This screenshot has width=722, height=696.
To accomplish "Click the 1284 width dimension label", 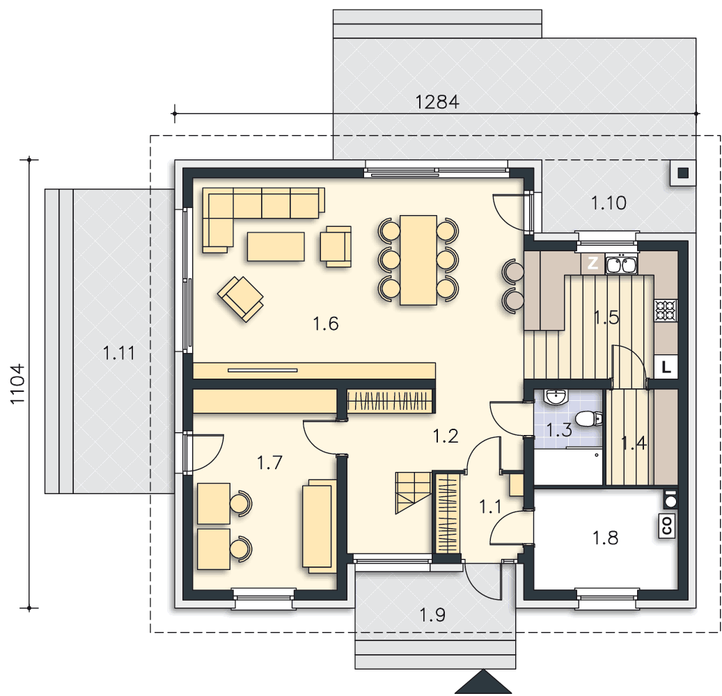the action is [x=437, y=102].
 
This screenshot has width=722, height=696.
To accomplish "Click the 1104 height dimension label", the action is [x=17, y=384].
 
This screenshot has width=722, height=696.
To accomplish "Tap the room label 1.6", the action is [x=326, y=324].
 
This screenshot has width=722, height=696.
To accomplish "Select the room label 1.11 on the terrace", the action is [x=119, y=353].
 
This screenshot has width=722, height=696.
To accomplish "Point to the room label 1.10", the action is [x=609, y=203].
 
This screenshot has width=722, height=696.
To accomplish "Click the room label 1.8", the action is [x=605, y=537].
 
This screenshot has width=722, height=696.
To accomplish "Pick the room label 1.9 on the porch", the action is [x=432, y=615].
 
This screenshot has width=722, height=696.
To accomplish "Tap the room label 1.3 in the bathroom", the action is [x=558, y=430].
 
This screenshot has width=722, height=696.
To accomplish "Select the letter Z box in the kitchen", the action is [x=593, y=263].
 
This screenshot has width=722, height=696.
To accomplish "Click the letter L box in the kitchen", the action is [x=666, y=367].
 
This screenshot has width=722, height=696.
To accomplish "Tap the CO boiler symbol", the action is [x=666, y=525].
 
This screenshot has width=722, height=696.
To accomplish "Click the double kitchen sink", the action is [x=622, y=265].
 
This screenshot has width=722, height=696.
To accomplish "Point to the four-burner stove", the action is [x=666, y=310].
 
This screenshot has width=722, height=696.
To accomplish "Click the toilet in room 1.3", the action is [x=588, y=419].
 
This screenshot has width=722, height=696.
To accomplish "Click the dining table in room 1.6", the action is [x=418, y=260].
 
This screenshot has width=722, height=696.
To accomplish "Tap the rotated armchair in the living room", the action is [x=240, y=299].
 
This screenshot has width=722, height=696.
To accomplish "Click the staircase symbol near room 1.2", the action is [x=414, y=493].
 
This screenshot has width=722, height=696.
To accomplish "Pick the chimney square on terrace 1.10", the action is [x=683, y=173].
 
